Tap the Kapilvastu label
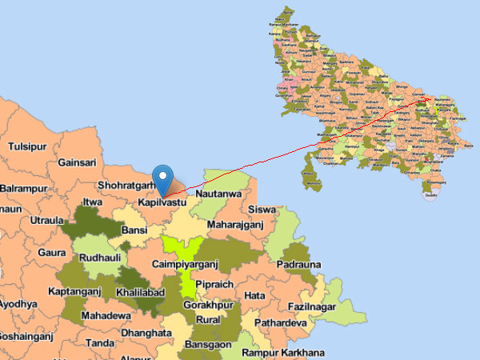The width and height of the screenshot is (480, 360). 162,203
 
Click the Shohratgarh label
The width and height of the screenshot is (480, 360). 125,185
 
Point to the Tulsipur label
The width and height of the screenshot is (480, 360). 28,146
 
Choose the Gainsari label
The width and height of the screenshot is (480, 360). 78,162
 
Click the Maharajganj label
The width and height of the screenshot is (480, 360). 234,224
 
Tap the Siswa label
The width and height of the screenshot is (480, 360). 262,210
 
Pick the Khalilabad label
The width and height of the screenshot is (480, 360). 139,293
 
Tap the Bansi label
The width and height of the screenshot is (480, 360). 134,230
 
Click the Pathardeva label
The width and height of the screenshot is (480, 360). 280,323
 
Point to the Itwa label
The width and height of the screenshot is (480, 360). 94,203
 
